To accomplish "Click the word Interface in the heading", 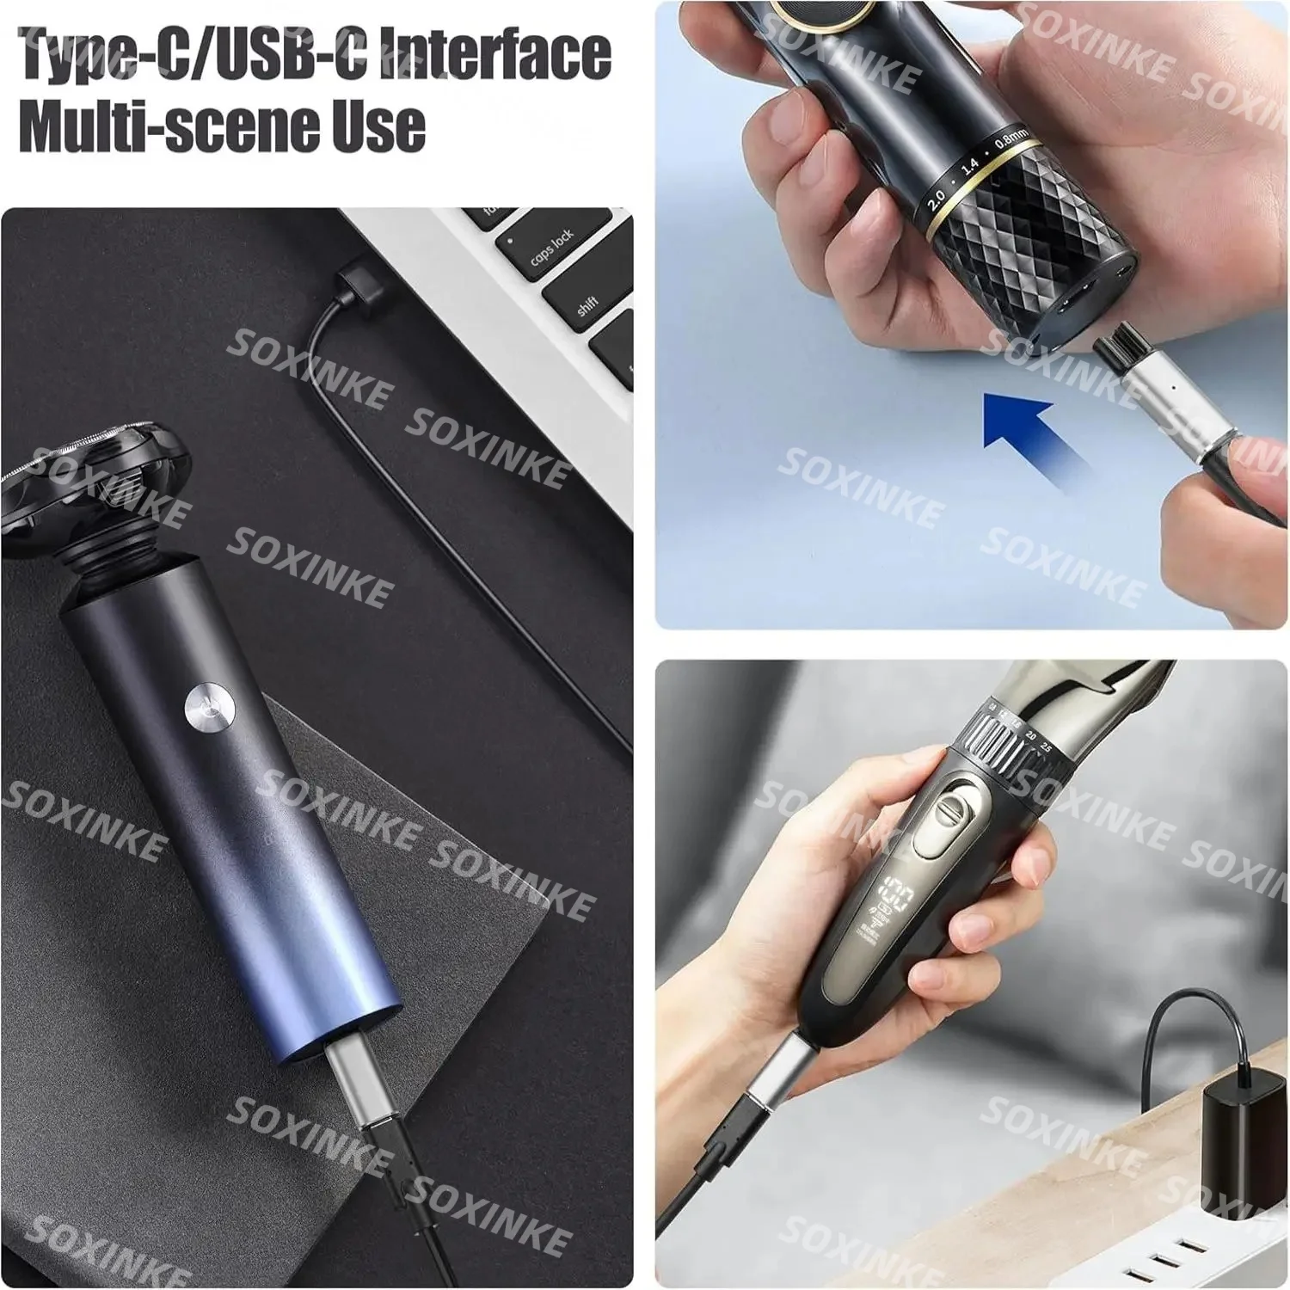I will point(494,53).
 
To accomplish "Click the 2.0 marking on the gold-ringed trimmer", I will point(936,197).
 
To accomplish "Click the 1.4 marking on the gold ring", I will point(970,168).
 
